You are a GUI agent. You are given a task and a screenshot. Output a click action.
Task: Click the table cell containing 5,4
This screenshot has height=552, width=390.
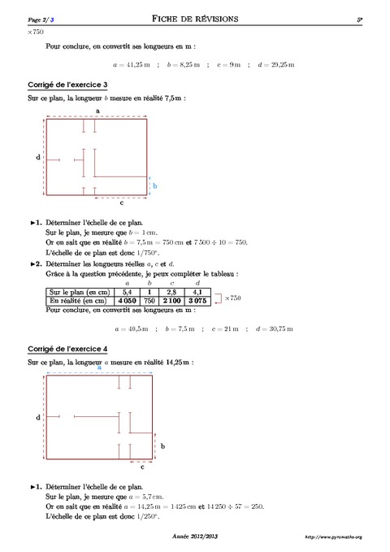point(126,291)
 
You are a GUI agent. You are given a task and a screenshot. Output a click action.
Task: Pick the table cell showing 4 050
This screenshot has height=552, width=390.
point(126,300)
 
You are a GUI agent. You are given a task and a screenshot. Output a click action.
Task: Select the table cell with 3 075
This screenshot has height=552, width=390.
point(196,300)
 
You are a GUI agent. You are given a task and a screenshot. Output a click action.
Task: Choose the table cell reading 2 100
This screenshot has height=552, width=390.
point(172,300)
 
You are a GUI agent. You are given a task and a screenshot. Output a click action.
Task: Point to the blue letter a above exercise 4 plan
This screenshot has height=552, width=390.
point(100,367)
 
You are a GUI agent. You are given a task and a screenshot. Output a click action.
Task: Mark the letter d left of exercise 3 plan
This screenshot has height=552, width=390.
point(38,156)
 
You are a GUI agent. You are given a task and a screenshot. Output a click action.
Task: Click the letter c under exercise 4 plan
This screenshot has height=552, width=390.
point(142,468)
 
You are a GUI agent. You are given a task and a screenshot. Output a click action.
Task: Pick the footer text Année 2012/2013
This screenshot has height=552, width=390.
point(195,537)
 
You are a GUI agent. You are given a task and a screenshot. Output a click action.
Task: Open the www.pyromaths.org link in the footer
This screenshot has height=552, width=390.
point(334,537)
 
